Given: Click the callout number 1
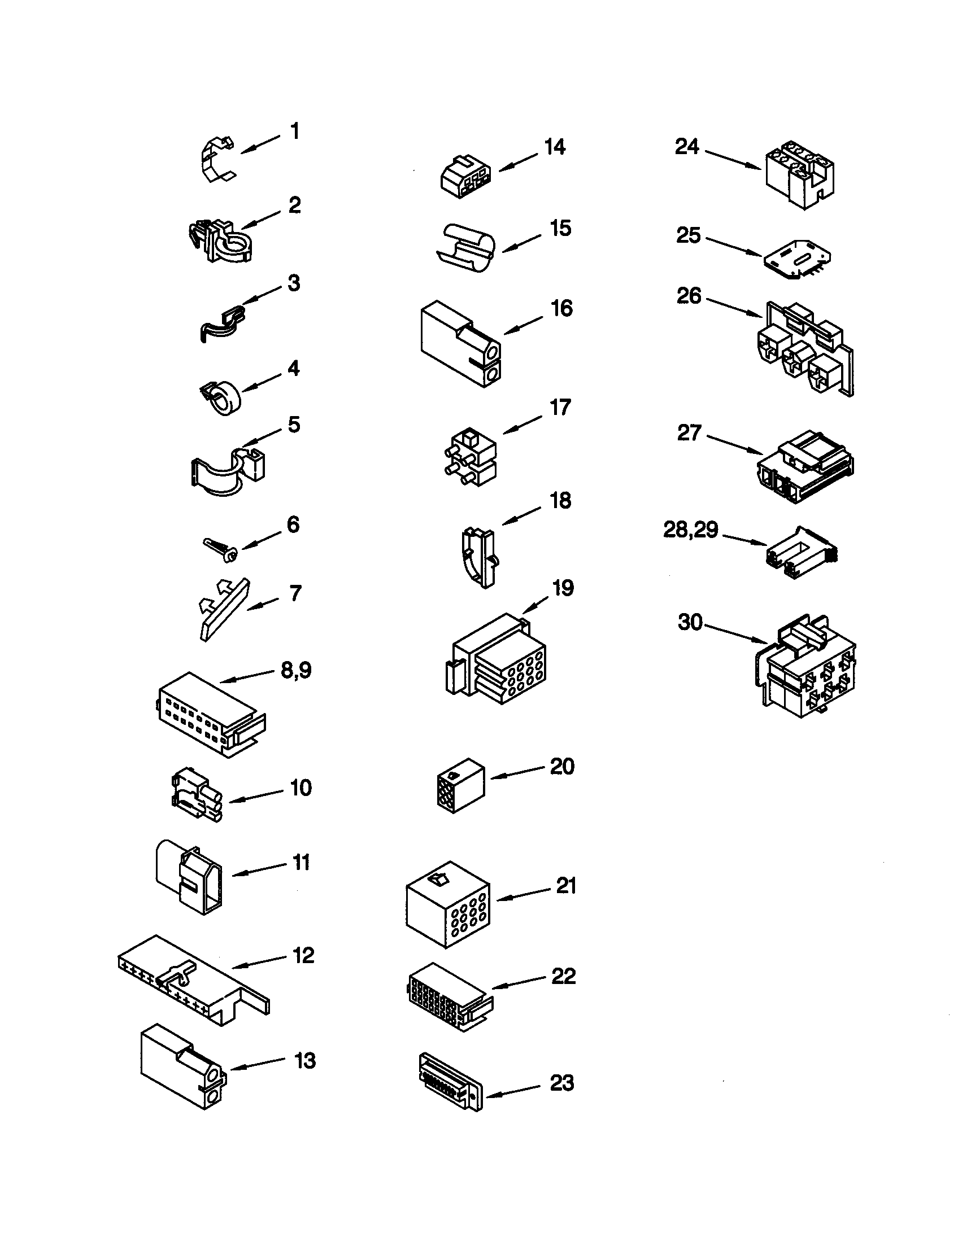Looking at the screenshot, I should (x=295, y=132).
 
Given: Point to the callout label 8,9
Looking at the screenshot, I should (x=297, y=670).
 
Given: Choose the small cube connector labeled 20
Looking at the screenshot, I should (x=460, y=785).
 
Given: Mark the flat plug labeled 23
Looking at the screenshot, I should (x=451, y=1080).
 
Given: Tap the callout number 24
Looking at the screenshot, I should (x=687, y=147).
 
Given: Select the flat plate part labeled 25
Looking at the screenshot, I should (x=795, y=259).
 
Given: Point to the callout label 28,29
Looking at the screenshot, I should (x=691, y=530).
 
